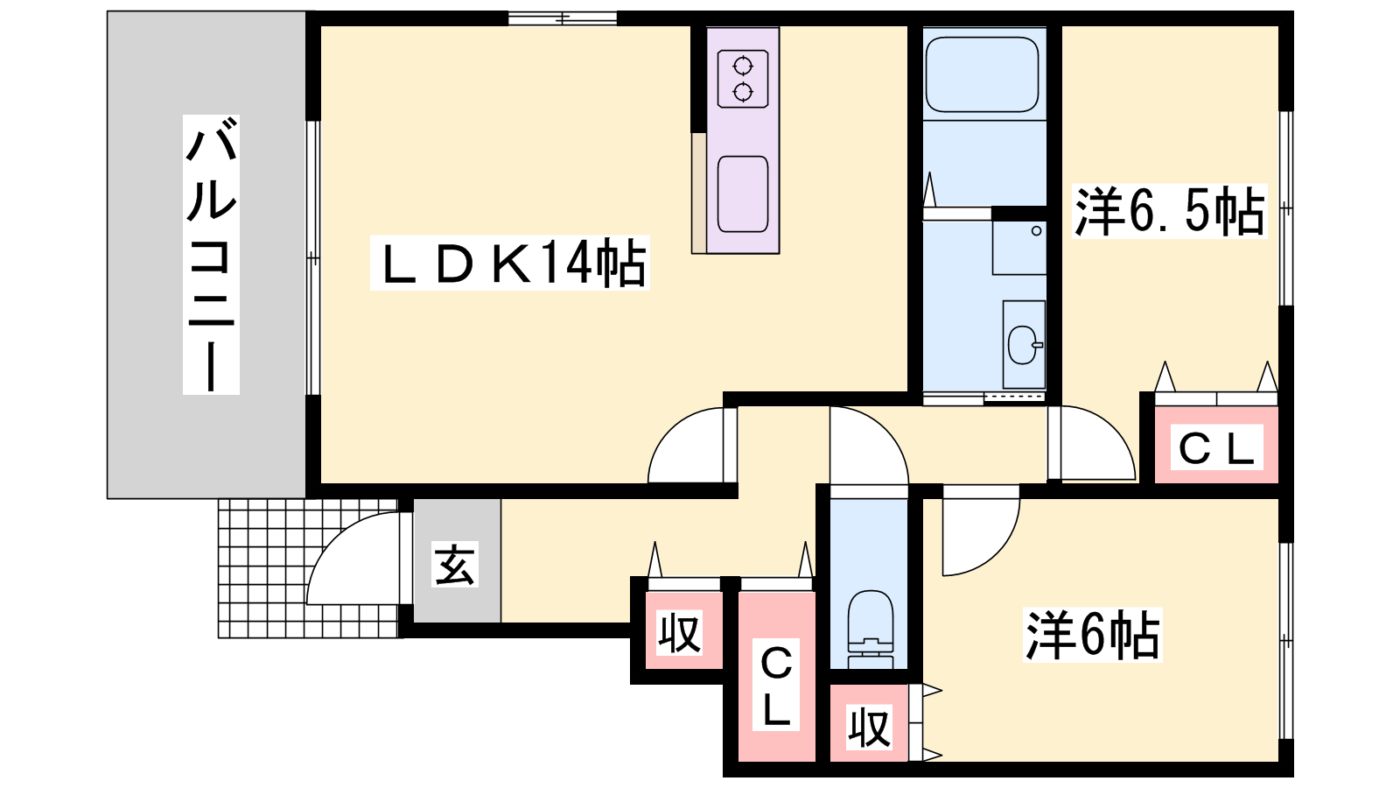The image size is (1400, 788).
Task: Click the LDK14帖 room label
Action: pyautogui.click(x=510, y=263)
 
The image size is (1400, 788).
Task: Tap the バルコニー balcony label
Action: pyautogui.click(x=211, y=254)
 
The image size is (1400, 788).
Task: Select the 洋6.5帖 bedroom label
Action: pyautogui.click(x=1169, y=211)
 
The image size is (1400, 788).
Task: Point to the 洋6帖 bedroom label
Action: pyautogui.click(x=1092, y=635)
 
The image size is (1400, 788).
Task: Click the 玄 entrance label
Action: pyautogui.click(x=455, y=564)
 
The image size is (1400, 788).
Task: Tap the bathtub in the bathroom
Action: pyautogui.click(x=981, y=75)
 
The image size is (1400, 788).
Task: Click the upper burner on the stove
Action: pyautogui.click(x=743, y=65)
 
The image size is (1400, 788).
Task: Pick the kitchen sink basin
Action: pyautogui.click(x=743, y=193)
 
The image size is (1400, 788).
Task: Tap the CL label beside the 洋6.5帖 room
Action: pyautogui.click(x=1216, y=447)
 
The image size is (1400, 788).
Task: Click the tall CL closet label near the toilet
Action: pyautogui.click(x=775, y=684)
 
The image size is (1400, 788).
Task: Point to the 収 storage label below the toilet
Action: pyautogui.click(x=870, y=728)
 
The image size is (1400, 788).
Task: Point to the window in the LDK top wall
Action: pyautogui.click(x=563, y=18)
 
